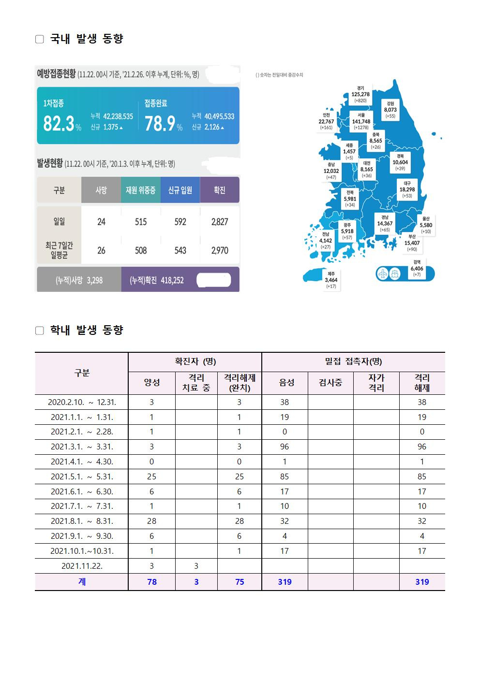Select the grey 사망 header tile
point(101,190)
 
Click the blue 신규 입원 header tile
point(180,190)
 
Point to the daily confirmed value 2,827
point(220,222)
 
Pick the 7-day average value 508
point(141,250)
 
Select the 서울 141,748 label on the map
point(361,121)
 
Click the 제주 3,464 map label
point(331,280)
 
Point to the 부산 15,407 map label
point(412,243)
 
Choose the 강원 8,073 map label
point(390,110)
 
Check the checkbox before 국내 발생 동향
point(40,39)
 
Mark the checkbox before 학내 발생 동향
point(40,331)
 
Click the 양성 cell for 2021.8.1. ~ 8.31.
point(151,521)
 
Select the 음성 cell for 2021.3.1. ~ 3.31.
point(285,447)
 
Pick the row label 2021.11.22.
point(82,566)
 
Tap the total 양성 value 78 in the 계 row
point(151,582)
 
